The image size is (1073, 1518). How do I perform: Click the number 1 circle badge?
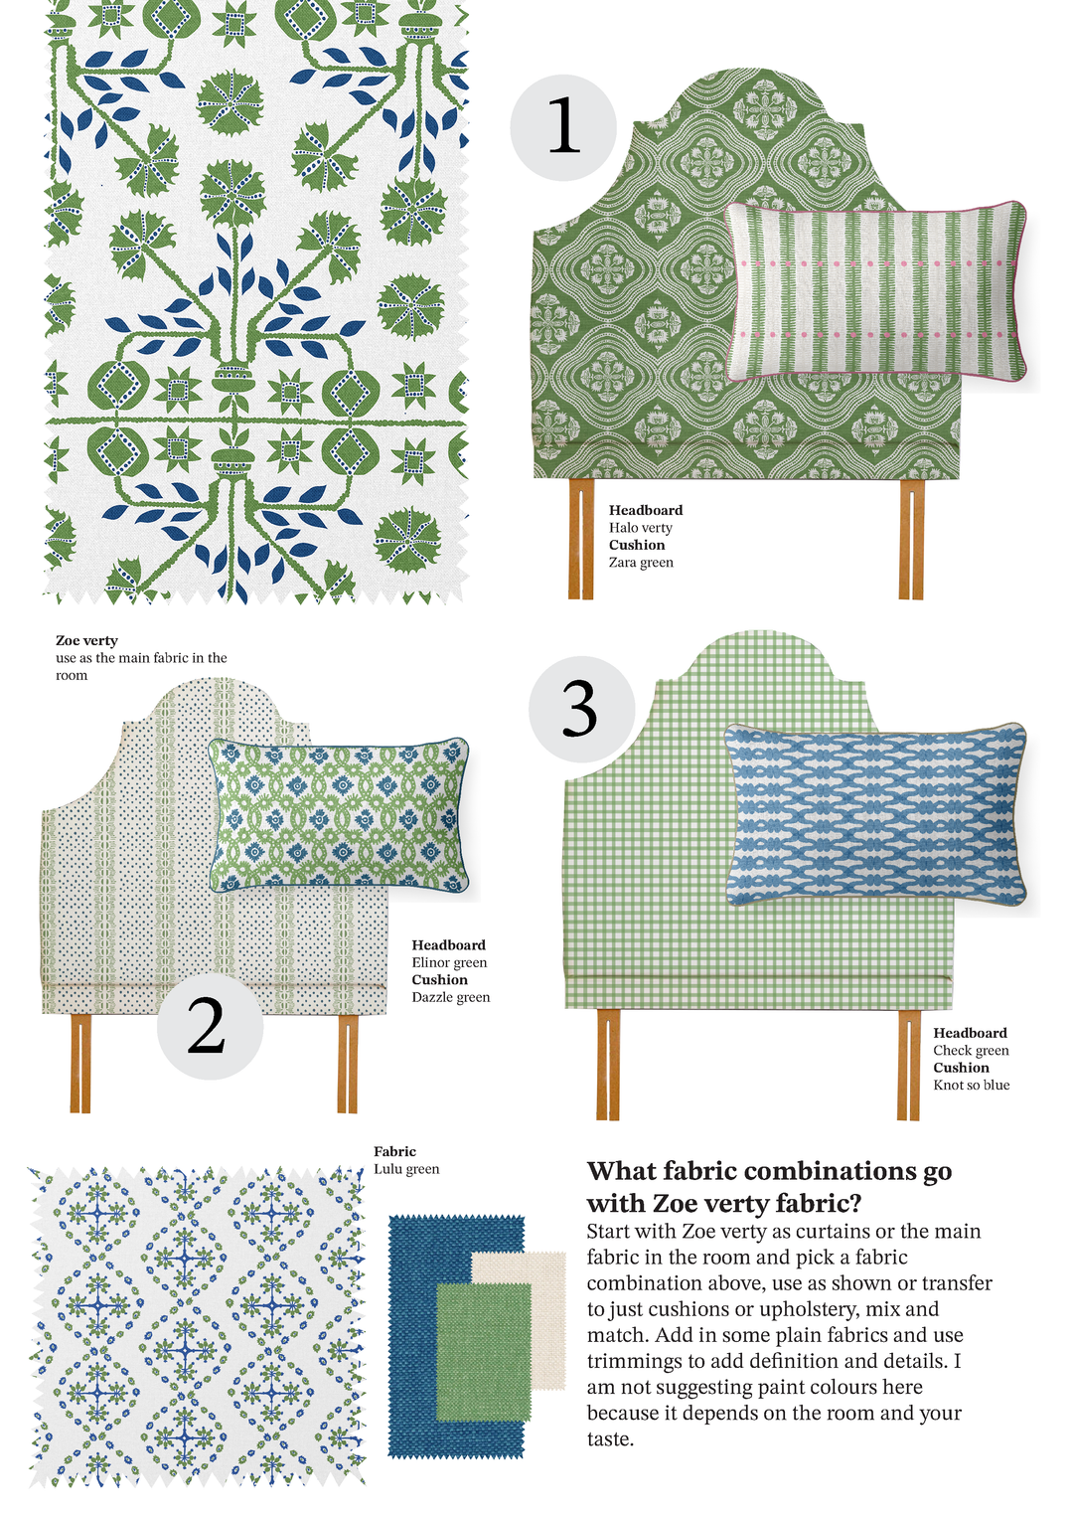(x=563, y=127)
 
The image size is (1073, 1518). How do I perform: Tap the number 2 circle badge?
(x=210, y=1025)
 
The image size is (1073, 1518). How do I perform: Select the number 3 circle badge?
(x=582, y=708)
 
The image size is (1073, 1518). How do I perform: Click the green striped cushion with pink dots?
(x=876, y=293)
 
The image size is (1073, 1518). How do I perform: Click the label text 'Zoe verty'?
(x=86, y=640)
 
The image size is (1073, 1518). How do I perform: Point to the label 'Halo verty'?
(x=640, y=527)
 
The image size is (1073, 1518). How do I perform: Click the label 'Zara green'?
(x=641, y=562)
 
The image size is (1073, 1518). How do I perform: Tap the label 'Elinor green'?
(x=449, y=962)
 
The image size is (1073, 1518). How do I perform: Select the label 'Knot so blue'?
(x=972, y=1085)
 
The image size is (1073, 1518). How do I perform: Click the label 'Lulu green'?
(x=406, y=1169)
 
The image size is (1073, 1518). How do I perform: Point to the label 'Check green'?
(x=971, y=1050)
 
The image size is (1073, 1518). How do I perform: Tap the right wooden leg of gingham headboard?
(x=909, y=1065)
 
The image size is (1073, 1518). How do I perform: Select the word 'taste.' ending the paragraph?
(x=610, y=1438)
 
